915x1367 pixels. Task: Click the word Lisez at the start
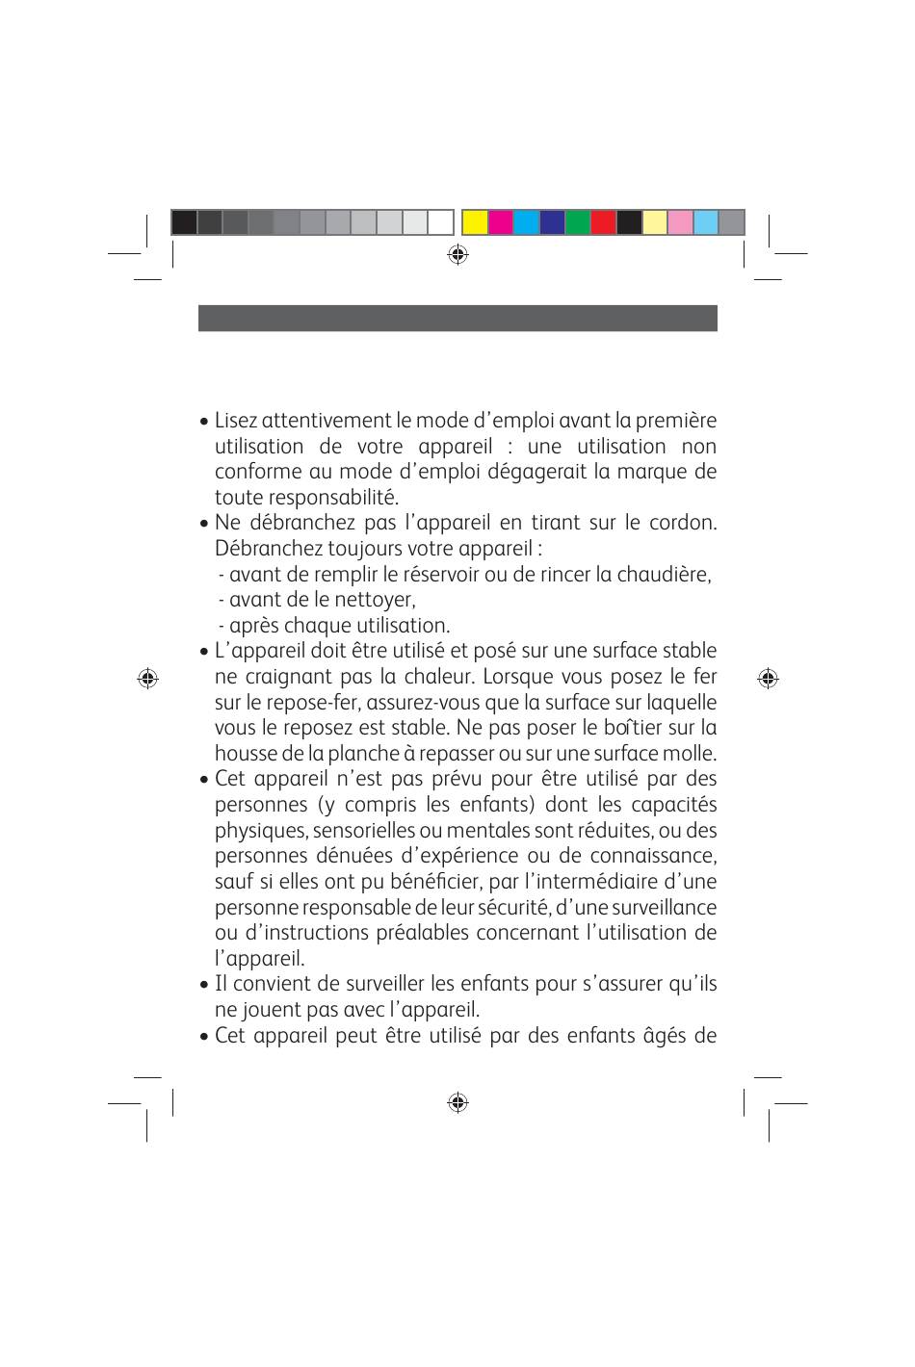point(236,421)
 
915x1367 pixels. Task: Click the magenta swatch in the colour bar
point(500,222)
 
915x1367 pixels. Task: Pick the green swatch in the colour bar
point(577,222)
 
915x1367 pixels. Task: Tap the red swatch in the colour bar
point(603,222)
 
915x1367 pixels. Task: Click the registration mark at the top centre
point(457,254)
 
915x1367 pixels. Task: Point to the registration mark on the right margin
point(768,678)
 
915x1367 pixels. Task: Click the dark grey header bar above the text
point(457,318)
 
